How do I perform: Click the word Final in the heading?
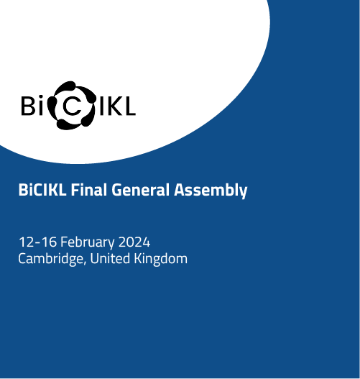[88, 190]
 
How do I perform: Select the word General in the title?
[140, 190]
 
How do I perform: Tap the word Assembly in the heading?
[211, 191]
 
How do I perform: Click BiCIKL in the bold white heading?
[42, 190]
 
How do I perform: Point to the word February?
[87, 242]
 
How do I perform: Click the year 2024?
[134, 242]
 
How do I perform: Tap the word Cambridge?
[50, 259]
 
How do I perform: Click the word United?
[110, 258]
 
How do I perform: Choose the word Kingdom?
[160, 259]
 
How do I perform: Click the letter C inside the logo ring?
[73, 106]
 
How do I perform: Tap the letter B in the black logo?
[29, 106]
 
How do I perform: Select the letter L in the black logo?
[129, 106]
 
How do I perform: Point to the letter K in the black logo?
[114, 106]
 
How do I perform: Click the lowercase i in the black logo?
[40, 106]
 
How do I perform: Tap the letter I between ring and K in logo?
[101, 106]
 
